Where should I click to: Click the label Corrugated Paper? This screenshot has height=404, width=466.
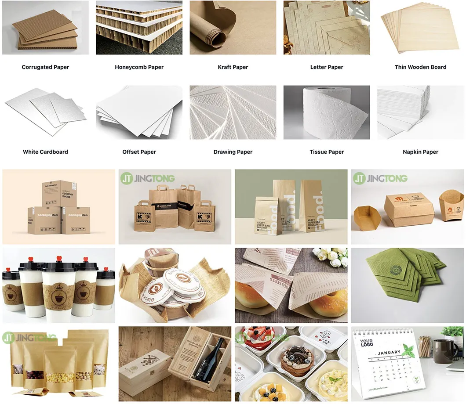45,67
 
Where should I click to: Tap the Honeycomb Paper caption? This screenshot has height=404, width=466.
139,67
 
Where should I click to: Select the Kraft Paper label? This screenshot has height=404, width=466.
233,67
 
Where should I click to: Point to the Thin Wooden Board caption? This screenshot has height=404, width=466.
420,67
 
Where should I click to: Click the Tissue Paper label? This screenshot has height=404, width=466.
327,152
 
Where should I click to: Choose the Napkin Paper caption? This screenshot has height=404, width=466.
420,152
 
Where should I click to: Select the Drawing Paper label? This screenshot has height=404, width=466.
233,152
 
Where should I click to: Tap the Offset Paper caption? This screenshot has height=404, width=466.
139,152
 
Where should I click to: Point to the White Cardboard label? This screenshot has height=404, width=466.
45,152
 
